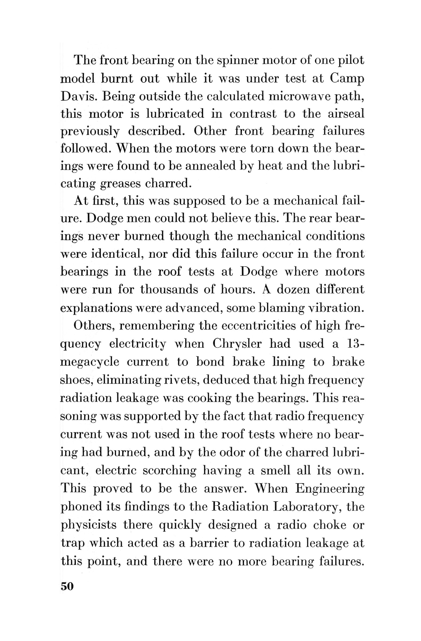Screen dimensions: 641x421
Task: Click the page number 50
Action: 67,586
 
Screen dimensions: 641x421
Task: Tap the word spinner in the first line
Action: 237,60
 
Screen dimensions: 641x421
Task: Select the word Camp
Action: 347,78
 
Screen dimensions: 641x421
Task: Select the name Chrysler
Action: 237,344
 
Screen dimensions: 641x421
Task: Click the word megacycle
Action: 90,362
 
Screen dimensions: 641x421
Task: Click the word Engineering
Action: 330,488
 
